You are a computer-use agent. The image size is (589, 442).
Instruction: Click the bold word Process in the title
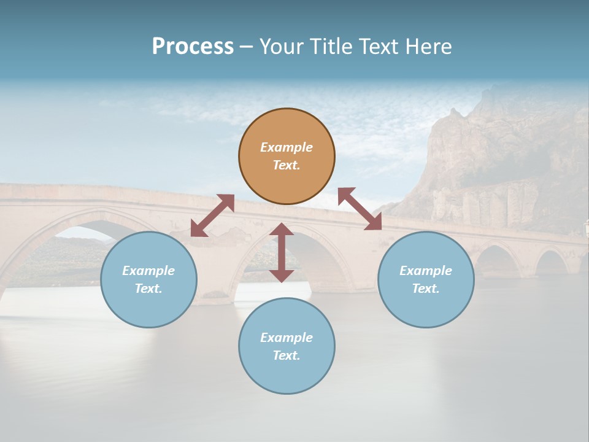[x=193, y=47]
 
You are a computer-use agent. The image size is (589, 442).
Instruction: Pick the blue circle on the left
[x=148, y=307]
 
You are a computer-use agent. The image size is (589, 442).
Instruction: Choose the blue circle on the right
[x=426, y=307]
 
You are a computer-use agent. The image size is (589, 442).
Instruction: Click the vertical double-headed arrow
[x=282, y=252]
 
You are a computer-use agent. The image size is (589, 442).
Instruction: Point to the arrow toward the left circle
[x=212, y=215]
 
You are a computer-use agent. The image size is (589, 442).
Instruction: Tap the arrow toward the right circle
[x=360, y=209]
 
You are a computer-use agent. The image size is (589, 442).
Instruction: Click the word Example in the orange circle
[x=287, y=147]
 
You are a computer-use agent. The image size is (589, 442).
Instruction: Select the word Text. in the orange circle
[x=287, y=165]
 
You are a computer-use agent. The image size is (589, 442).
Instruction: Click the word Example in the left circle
[x=148, y=271]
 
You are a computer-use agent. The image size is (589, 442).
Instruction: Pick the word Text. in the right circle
[x=426, y=289]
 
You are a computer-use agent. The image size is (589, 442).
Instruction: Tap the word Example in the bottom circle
[x=287, y=338]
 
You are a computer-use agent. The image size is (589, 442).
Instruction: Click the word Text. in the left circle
[x=148, y=289]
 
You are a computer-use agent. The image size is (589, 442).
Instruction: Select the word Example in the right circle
[x=426, y=271]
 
